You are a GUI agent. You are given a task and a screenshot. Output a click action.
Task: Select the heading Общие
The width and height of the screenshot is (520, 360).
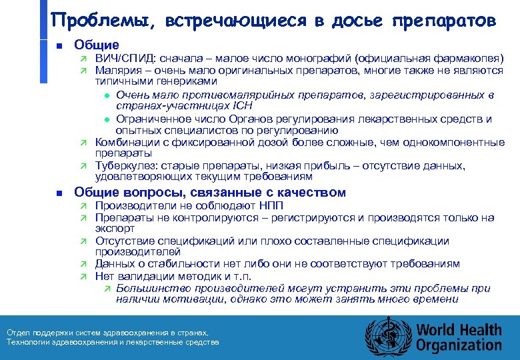tap(97, 45)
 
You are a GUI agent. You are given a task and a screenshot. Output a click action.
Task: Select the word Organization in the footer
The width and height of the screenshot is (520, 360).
tap(459, 345)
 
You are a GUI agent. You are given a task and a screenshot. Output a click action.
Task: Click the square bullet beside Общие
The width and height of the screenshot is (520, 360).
tap(59, 46)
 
